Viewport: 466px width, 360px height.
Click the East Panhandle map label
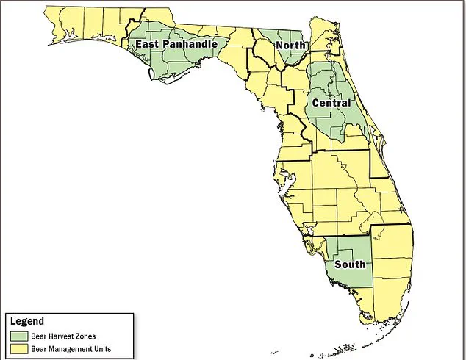coord(176,45)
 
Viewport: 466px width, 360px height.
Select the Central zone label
coord(331,103)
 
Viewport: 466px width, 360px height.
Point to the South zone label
coord(348,264)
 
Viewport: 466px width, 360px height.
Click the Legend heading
coord(27,321)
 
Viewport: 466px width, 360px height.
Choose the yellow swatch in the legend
coord(16,348)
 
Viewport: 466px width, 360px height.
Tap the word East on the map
coord(146,45)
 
